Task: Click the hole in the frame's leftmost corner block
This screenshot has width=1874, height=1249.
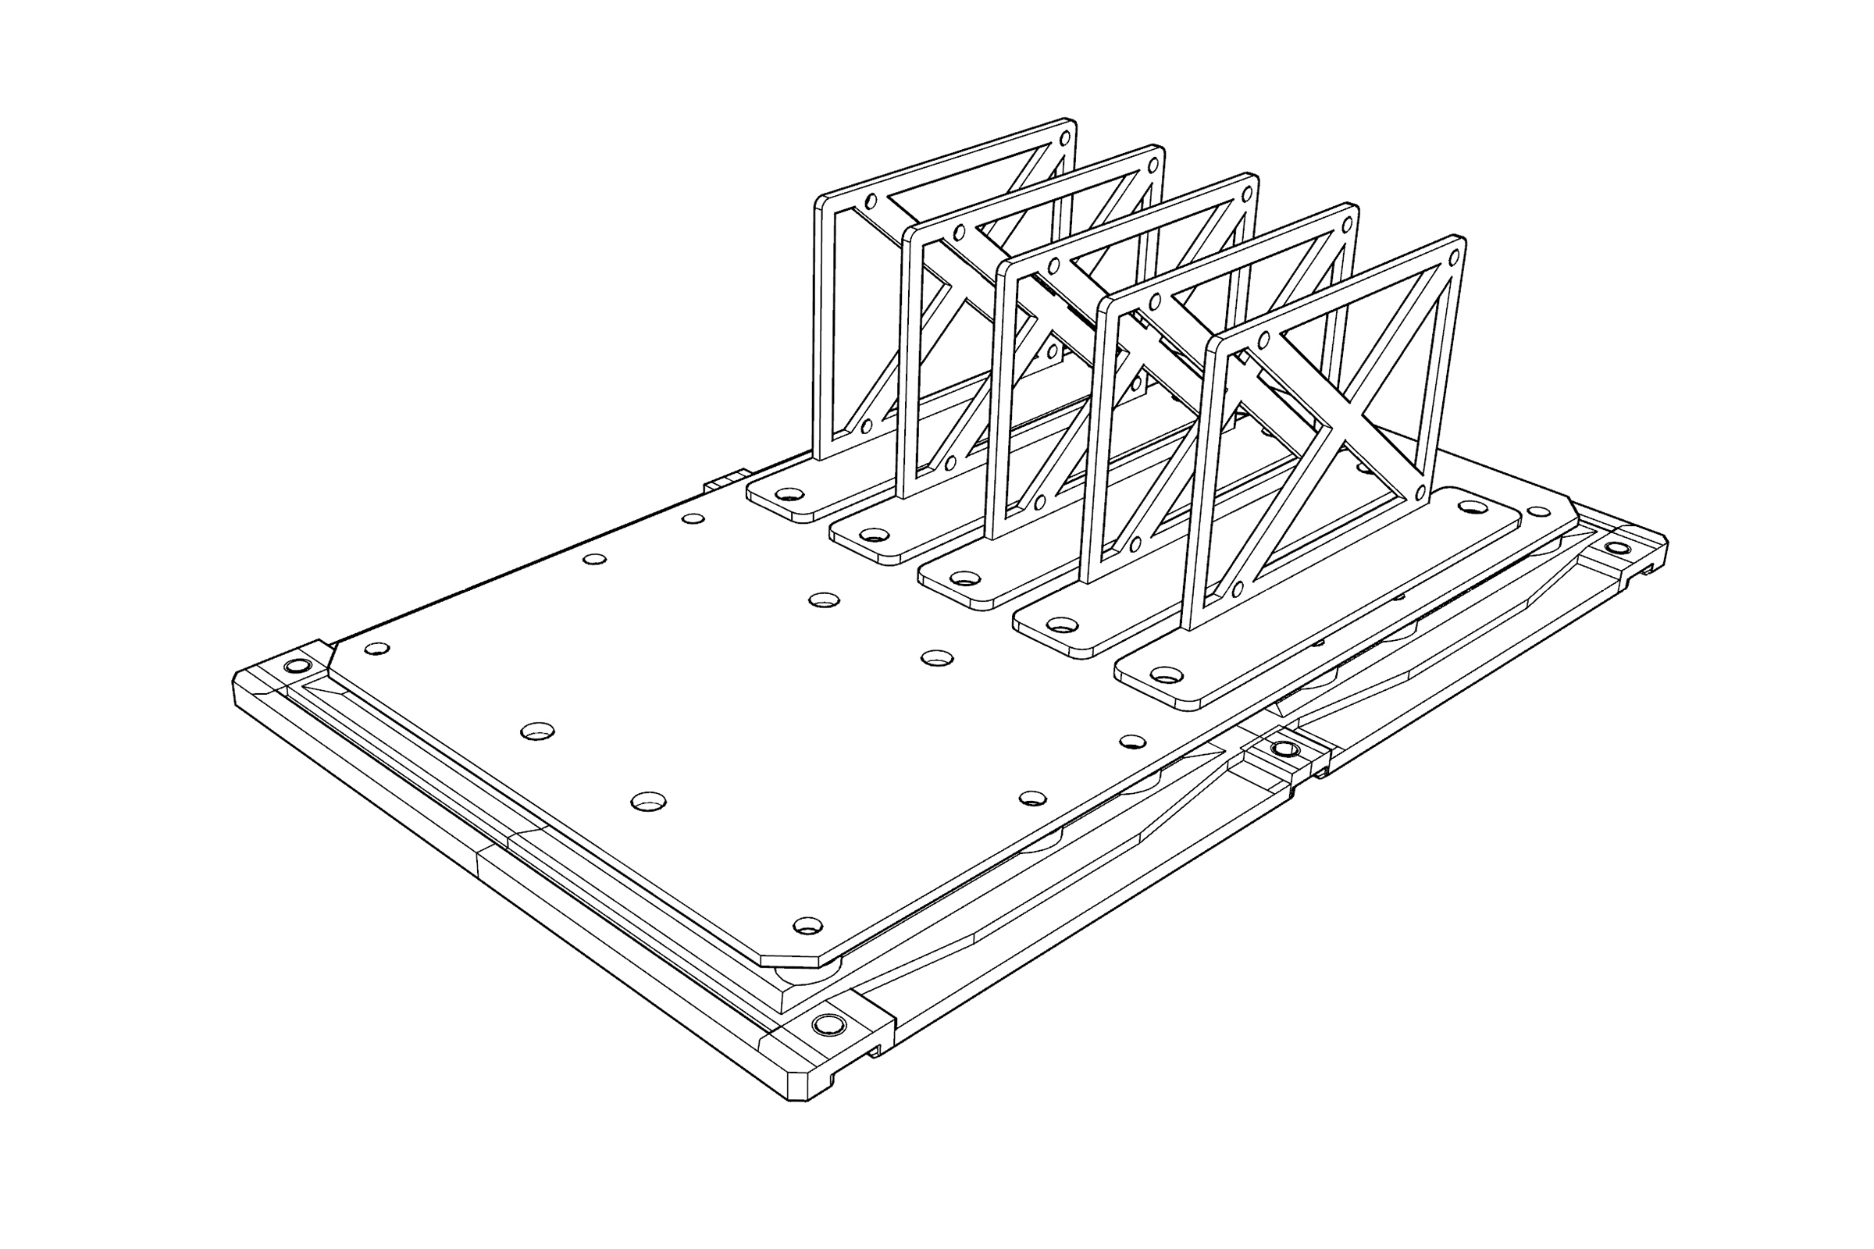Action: click(297, 665)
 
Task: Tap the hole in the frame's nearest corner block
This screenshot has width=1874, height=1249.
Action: click(828, 1024)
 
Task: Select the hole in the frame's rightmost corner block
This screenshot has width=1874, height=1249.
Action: click(1616, 548)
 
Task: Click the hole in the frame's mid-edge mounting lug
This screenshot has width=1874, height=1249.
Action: click(1284, 749)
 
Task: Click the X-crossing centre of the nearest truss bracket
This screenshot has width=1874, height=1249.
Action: click(1331, 429)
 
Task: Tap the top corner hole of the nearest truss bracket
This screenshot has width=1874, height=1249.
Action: click(1453, 258)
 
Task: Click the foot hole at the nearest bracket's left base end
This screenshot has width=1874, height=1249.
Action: click(1167, 675)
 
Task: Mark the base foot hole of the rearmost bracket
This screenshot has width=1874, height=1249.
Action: click(789, 495)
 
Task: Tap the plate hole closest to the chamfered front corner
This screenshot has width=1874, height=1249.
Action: click(808, 926)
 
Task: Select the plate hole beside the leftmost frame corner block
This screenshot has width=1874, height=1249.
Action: click(376, 649)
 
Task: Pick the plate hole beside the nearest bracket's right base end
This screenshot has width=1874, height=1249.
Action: click(1538, 511)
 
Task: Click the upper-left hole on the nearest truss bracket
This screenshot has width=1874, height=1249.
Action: click(1263, 341)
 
